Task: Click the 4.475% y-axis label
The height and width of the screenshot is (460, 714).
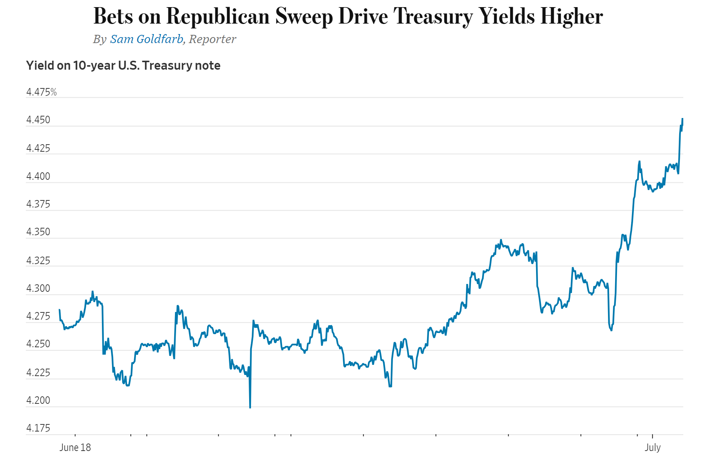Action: tap(41, 92)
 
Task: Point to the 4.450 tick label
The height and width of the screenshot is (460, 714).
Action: tap(38, 120)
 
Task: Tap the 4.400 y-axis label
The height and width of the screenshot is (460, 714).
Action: tap(38, 176)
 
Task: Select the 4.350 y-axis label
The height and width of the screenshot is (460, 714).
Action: tap(38, 232)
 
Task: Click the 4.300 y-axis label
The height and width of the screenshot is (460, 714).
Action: tap(38, 288)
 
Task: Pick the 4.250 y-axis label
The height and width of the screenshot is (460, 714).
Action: tap(38, 344)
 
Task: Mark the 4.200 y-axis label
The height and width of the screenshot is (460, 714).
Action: tap(38, 400)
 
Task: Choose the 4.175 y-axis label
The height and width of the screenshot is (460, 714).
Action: tap(38, 428)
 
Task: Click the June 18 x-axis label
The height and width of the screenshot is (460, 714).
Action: tap(75, 447)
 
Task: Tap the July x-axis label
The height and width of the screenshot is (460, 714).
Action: tap(653, 447)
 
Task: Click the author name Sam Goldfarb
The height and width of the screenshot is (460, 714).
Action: tap(146, 39)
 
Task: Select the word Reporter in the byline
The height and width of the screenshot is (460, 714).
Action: tap(212, 39)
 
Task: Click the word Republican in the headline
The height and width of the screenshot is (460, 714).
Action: tap(218, 16)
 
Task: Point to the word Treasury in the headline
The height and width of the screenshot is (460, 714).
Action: tap(433, 16)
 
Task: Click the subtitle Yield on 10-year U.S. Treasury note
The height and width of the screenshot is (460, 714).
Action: tap(123, 66)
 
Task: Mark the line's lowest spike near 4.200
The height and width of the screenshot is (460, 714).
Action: tap(250, 407)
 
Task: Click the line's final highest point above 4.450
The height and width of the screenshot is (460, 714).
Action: tap(682, 119)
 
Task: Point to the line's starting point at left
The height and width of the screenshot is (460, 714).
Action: tap(60, 310)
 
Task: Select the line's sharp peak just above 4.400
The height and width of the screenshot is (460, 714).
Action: tap(639, 161)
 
